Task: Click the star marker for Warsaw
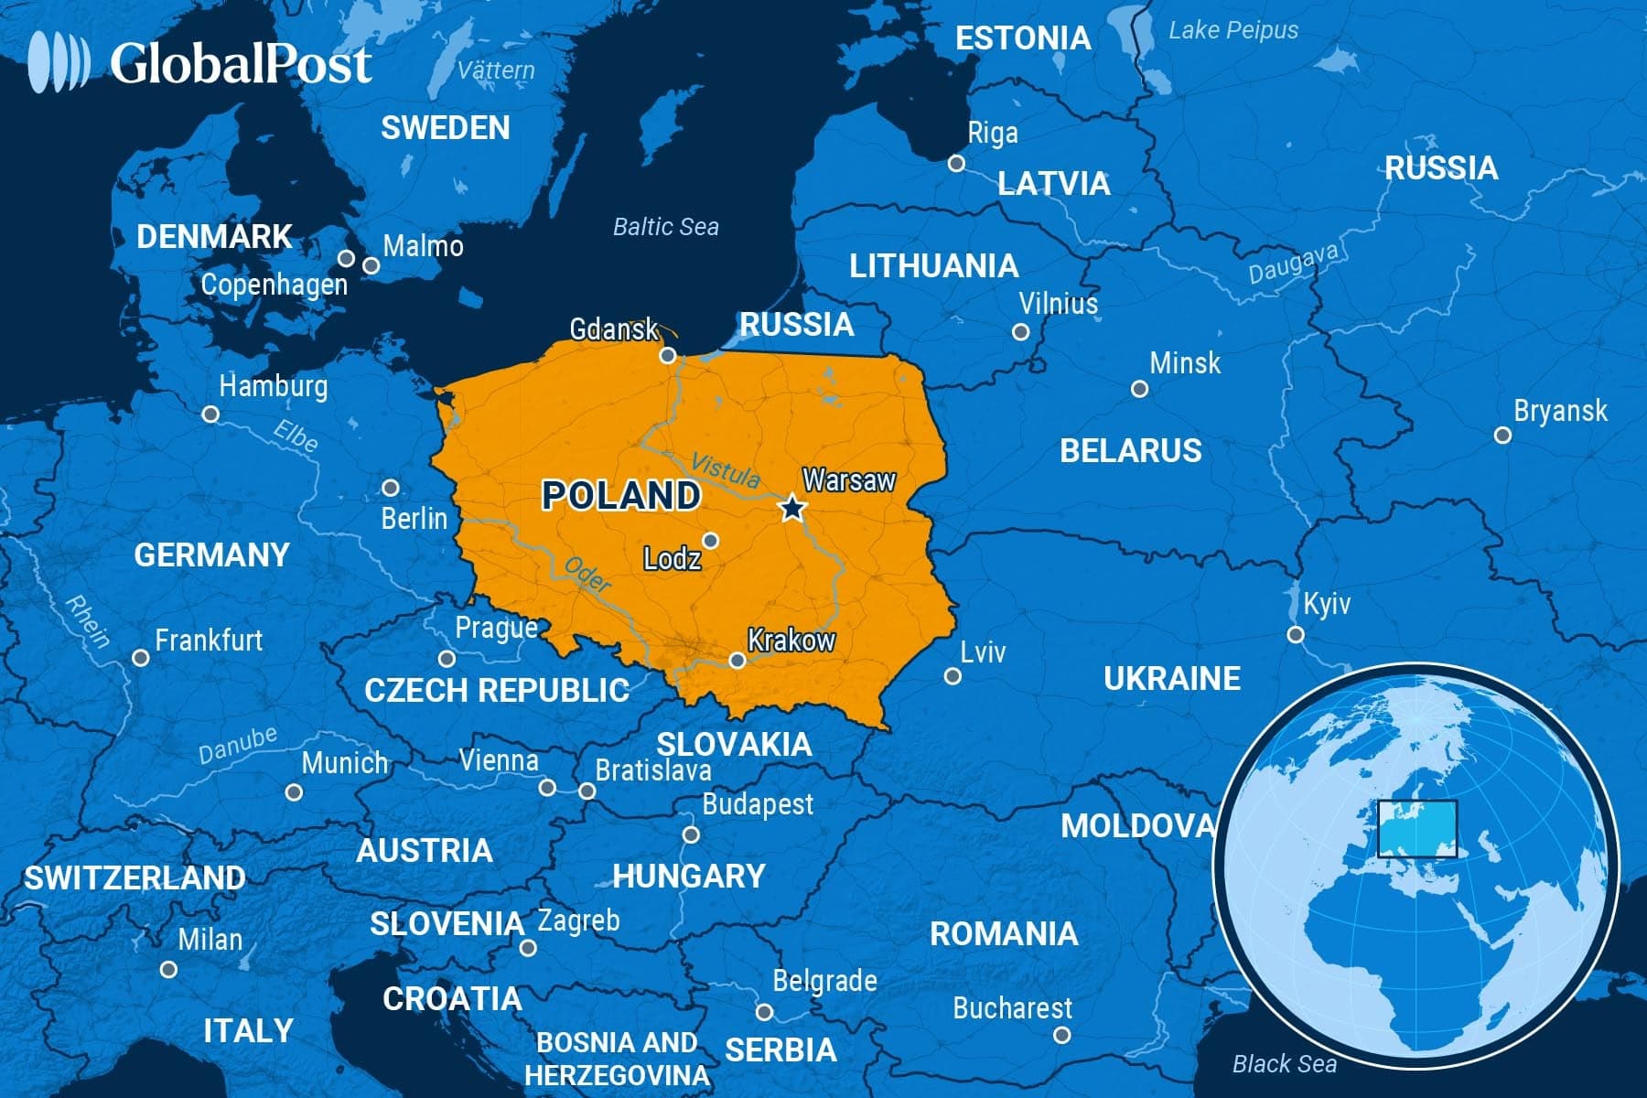pos(792,508)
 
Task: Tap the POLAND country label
pos(620,496)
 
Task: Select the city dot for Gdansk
pos(668,355)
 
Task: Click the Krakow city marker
pos(737,660)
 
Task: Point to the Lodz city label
pos(672,558)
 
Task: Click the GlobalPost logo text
pos(241,64)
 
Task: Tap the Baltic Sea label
pos(665,227)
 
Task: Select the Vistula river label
pos(725,470)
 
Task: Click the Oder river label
pos(587,575)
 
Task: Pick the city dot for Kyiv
pos(1296,634)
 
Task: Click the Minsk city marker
pos(1139,389)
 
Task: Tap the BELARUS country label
pos(1130,451)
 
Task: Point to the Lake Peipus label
pos(1233,30)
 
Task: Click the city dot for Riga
pos(956,164)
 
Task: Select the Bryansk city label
pos(1560,411)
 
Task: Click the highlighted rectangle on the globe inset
pos(1416,828)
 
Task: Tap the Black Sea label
pos(1284,1063)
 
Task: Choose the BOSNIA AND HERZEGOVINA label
pos(617,1059)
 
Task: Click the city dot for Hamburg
pos(210,414)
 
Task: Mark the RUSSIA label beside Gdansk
pos(796,325)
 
